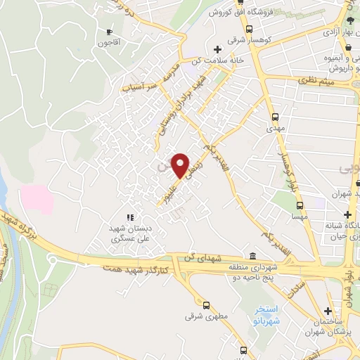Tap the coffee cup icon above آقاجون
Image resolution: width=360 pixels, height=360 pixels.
tap(109, 32)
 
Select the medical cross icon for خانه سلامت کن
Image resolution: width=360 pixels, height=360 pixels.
tap(218, 49)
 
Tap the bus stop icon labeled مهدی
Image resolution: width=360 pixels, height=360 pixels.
tap(274, 118)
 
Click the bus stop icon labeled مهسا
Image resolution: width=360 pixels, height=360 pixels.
tap(300, 206)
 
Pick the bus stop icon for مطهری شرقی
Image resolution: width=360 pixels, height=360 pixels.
tap(206, 305)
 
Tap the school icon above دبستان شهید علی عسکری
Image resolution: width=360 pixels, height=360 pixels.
tap(129, 217)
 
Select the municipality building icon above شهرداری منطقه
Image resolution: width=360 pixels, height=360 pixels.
tap(252, 256)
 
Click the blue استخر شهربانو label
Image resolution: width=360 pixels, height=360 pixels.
tap(267, 315)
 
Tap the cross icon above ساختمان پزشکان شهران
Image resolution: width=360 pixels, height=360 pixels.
tap(328, 312)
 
